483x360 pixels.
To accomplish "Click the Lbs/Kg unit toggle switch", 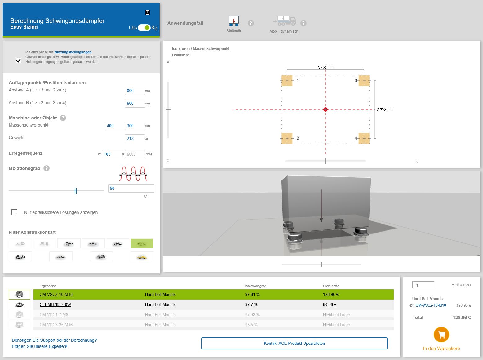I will click(144, 28).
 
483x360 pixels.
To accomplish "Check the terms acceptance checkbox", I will click(18, 60).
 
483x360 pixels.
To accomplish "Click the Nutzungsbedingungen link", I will click(73, 52).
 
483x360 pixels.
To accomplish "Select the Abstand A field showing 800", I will click(135, 91).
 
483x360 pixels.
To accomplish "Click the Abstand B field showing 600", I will click(135, 103).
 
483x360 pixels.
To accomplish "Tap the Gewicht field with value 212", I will click(135, 138).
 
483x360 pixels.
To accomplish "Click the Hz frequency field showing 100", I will click(111, 154).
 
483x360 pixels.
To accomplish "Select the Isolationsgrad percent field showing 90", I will click(131, 188).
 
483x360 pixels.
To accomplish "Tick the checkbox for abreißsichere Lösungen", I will click(14, 212).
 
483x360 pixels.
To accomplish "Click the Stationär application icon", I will click(234, 21).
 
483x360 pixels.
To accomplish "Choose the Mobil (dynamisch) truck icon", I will click(284, 21).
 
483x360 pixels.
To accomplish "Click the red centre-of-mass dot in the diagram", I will click(325, 109).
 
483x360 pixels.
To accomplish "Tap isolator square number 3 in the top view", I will click(364, 81).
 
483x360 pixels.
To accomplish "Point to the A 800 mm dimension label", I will click(325, 67).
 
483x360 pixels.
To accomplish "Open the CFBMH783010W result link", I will click(55, 304).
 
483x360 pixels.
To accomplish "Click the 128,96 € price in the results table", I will click(330, 294).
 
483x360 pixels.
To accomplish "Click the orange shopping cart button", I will click(441, 335).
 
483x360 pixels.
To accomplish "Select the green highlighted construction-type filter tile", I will click(142, 243).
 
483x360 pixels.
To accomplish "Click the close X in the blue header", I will click(148, 12).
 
